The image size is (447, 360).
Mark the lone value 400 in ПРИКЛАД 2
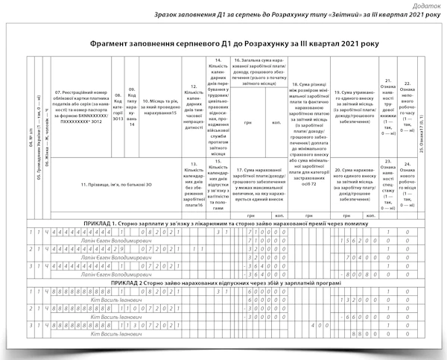(x=317, y=325)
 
